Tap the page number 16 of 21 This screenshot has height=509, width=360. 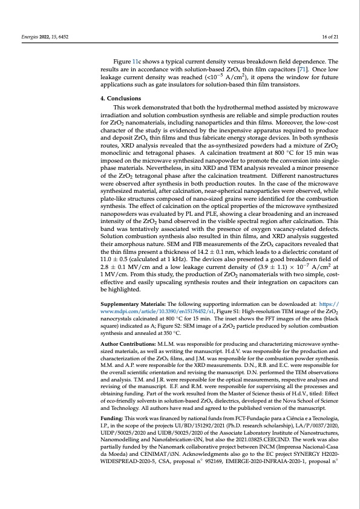click(330, 37)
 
